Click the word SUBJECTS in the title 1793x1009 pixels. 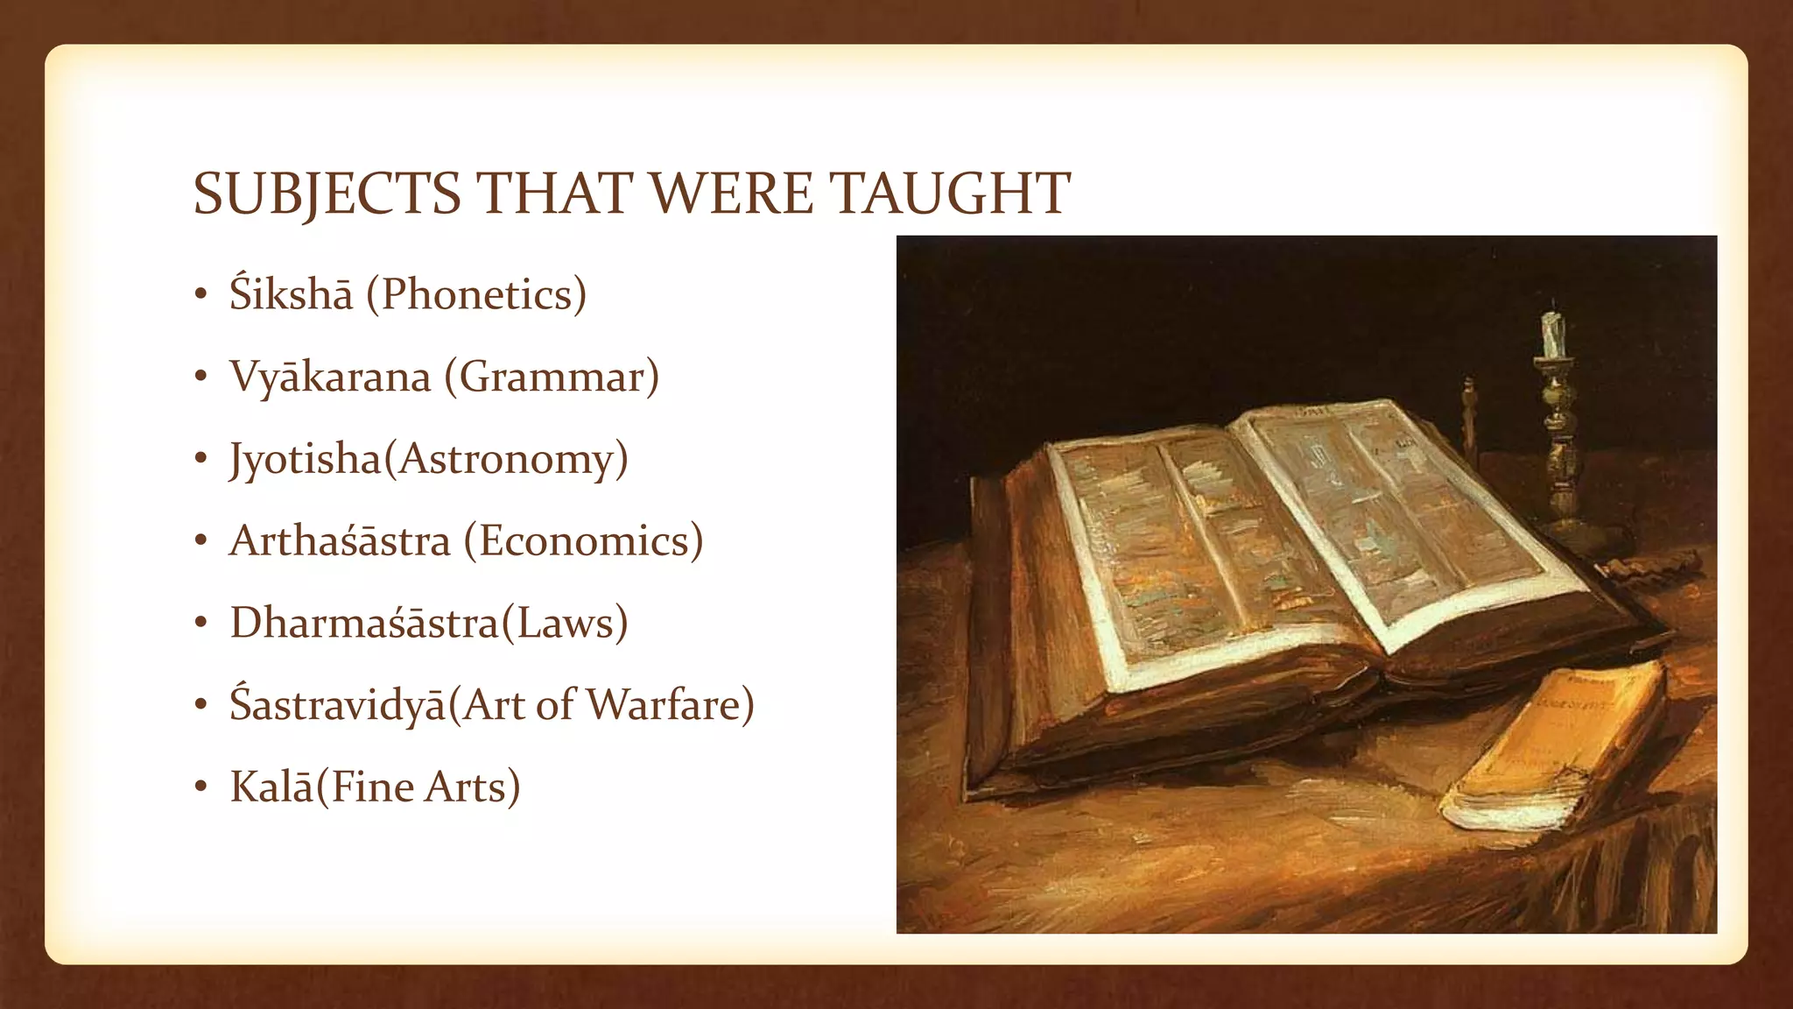click(x=327, y=194)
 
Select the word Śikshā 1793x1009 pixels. click(x=291, y=294)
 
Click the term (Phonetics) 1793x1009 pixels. click(x=476, y=294)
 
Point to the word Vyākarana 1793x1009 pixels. click(x=330, y=377)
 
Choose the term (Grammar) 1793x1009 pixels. click(x=552, y=377)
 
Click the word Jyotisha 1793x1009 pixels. click(x=306, y=459)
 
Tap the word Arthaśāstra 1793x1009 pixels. click(x=340, y=540)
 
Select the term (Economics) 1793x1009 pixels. click(x=583, y=540)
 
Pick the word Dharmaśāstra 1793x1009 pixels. click(x=364, y=623)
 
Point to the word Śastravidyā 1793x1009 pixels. click(x=338, y=705)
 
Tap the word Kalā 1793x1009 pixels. click(x=271, y=787)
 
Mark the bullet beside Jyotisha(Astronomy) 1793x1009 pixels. click(x=201, y=460)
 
